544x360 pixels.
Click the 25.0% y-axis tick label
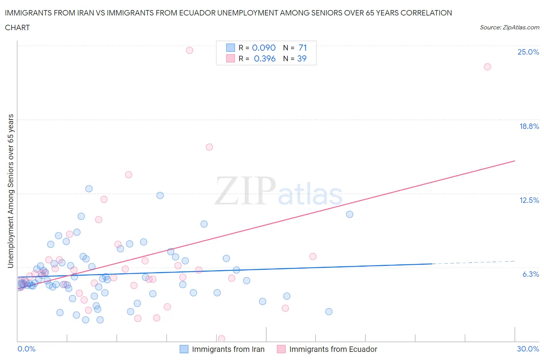tap(528, 52)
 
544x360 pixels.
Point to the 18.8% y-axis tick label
tap(529, 126)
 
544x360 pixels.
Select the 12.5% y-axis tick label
tap(529, 200)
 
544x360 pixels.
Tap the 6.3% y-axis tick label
tap(530, 274)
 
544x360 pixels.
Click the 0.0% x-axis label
tap(26, 349)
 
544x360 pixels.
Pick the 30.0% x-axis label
tap(528, 349)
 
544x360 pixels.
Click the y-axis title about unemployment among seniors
tap(10, 191)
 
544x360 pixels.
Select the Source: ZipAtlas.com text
tap(509, 27)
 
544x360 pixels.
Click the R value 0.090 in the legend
tap(263, 48)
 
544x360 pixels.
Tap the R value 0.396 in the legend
tap(265, 58)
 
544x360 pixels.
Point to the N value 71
tap(303, 48)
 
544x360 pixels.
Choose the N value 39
tap(302, 58)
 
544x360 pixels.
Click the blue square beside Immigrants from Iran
tap(184, 349)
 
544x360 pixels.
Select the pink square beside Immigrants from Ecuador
tap(281, 349)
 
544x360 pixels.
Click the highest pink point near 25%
tap(189, 50)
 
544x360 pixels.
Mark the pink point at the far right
tap(488, 67)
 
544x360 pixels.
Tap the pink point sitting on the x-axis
tap(221, 339)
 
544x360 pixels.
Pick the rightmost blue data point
tap(349, 214)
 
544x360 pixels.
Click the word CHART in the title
tap(17, 27)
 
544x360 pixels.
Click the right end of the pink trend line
tap(515, 161)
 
